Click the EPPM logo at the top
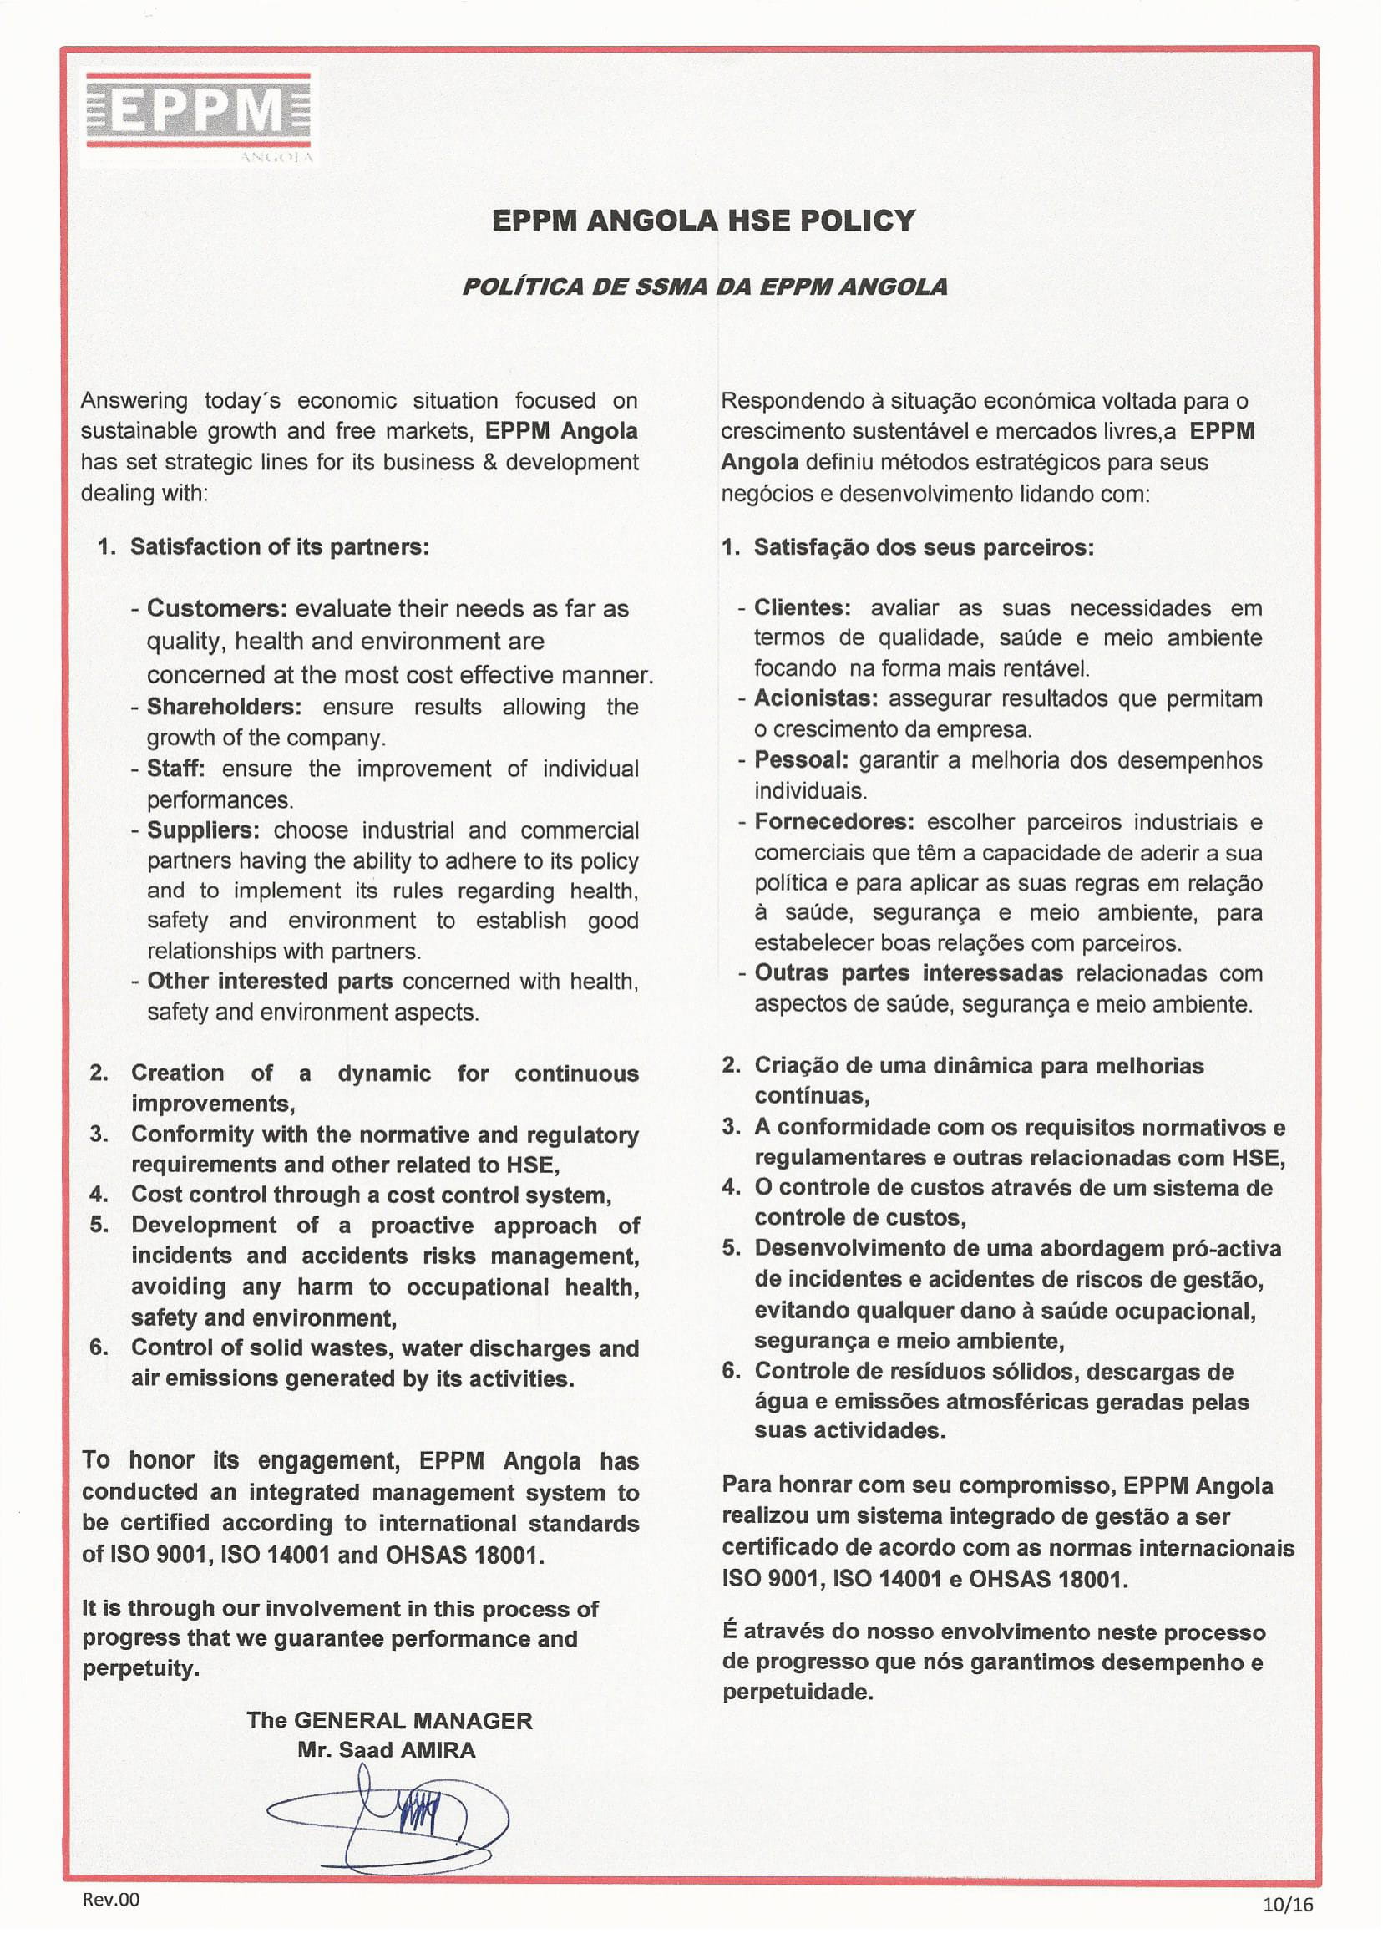pos(200,114)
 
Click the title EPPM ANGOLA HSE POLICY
pos(703,221)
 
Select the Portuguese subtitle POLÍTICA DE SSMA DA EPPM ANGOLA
pos(704,287)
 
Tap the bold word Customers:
pos(217,608)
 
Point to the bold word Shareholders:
pos(224,707)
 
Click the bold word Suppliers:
pos(203,830)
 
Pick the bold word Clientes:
pos(803,607)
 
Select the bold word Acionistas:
pos(816,698)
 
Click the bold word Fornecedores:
pos(833,822)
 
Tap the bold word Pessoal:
pos(801,759)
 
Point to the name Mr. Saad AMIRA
pos(386,1750)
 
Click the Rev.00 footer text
pos(111,1900)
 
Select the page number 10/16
pos(1288,1905)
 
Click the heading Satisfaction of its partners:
pos(279,547)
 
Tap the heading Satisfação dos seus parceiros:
pos(923,547)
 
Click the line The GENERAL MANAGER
pos(389,1721)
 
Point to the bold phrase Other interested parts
pos(269,982)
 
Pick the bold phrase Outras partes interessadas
pos(908,972)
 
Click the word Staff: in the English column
pos(175,769)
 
